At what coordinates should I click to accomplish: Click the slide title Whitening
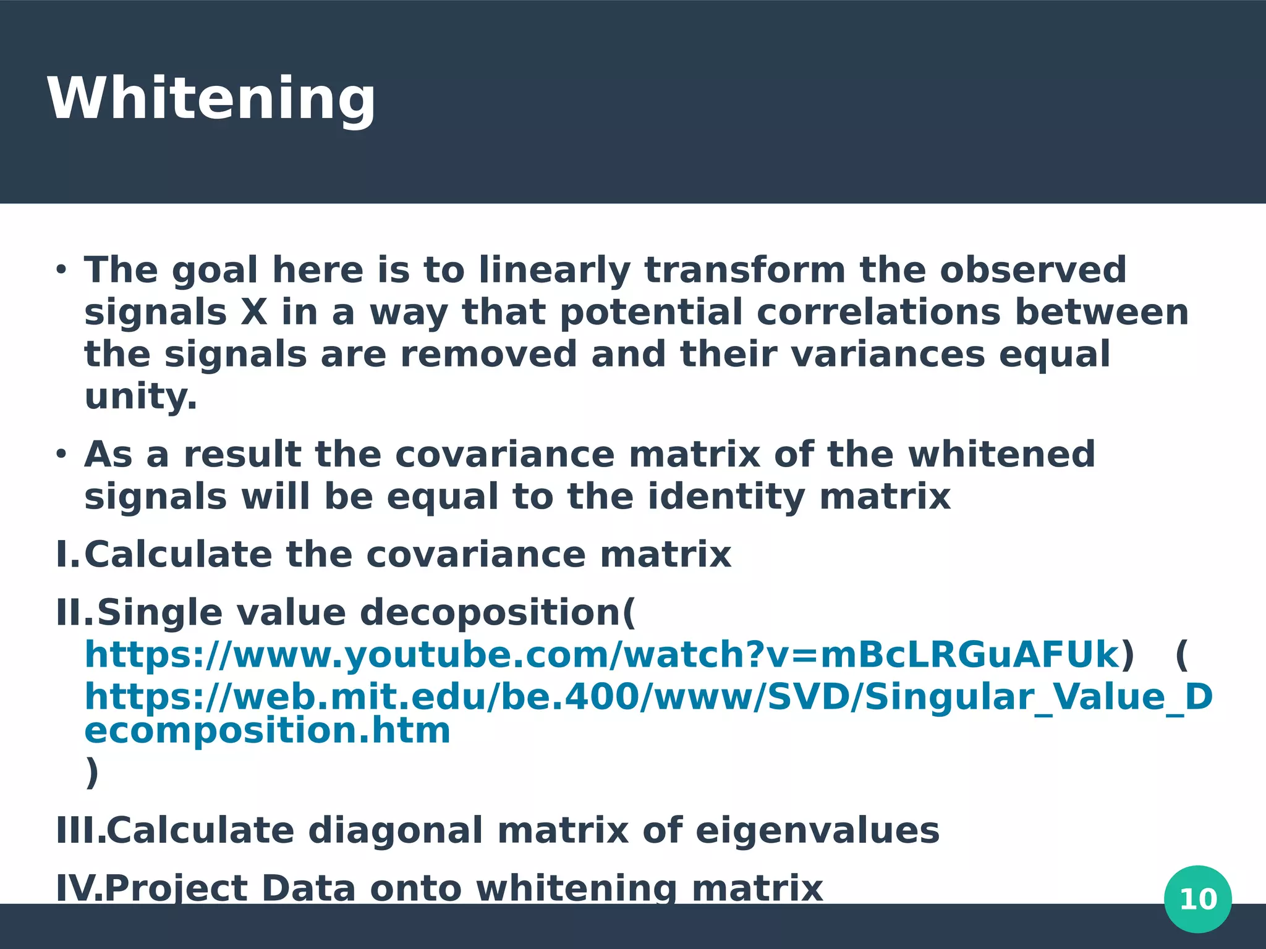tap(211, 99)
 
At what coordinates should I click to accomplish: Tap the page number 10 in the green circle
tap(1197, 899)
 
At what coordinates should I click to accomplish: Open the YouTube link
tap(602, 655)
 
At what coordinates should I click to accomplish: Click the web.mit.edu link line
tap(648, 697)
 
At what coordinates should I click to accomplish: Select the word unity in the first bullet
tap(140, 396)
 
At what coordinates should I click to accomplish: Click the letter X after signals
tap(254, 312)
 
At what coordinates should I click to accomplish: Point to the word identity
tap(726, 497)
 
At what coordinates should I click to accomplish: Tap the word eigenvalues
tap(817, 830)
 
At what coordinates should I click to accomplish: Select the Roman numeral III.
tap(79, 830)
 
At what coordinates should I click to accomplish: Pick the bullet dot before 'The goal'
tap(61, 271)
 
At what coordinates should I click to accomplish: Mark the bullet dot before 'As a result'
tap(61, 455)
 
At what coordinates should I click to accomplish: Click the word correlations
tap(878, 312)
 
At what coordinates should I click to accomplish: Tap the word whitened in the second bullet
tap(1001, 455)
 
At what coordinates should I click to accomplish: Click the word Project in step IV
tap(176, 888)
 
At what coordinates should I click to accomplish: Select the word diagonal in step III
tap(396, 830)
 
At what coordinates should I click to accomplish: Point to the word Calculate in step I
tap(178, 554)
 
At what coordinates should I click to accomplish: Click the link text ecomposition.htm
tap(267, 731)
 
